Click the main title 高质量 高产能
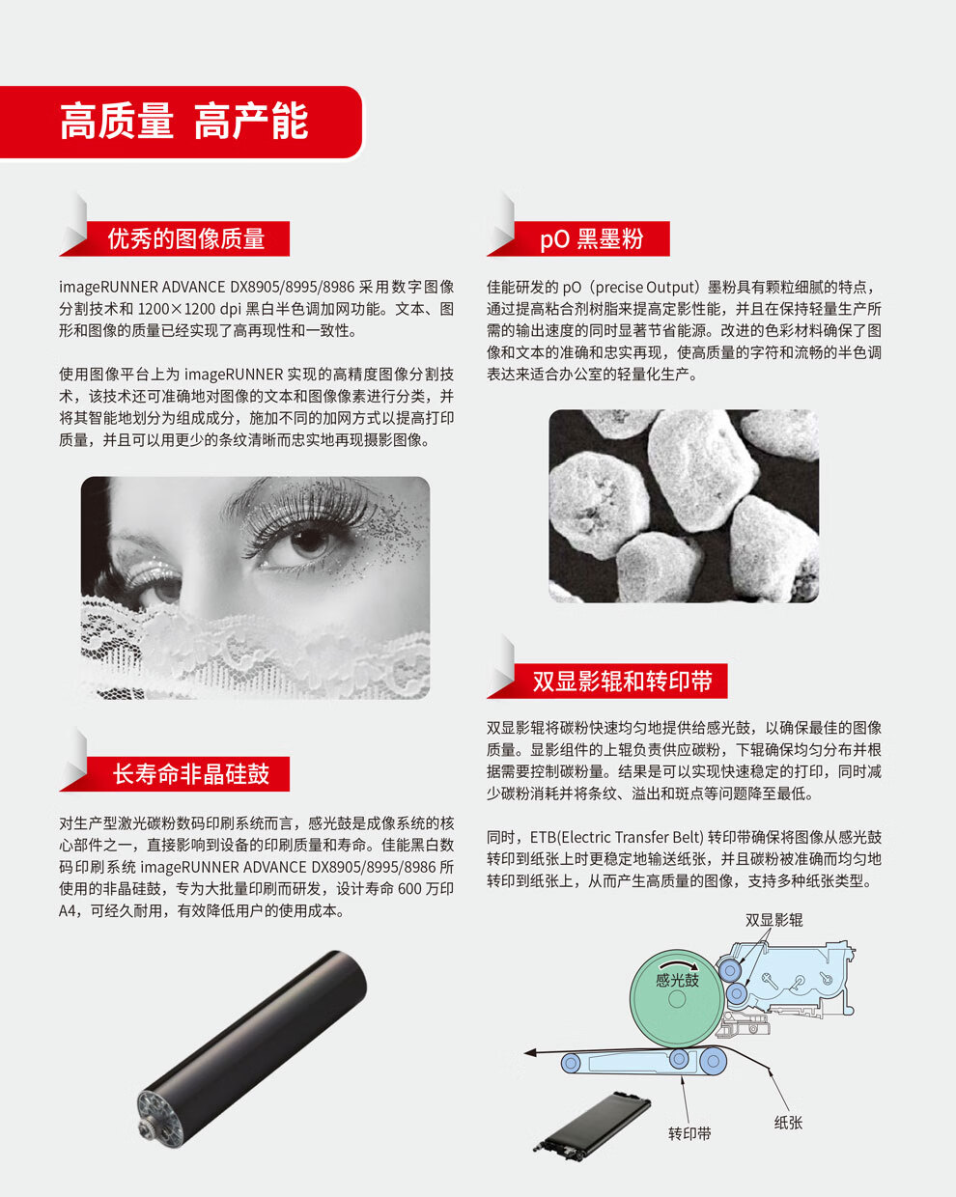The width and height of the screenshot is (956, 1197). click(183, 121)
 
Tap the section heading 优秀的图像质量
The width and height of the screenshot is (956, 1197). click(185, 238)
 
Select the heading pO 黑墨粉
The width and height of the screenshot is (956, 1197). click(592, 238)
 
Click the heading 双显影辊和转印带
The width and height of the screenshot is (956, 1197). click(623, 681)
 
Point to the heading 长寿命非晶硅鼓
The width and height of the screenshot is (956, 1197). click(191, 774)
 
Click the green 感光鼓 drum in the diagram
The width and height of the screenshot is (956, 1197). click(677, 999)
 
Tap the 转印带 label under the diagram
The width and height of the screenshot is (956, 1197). click(689, 1133)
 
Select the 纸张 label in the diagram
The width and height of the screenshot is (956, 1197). click(788, 1122)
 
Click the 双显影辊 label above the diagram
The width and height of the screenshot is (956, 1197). click(774, 920)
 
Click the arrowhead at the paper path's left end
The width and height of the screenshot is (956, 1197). click(530, 1052)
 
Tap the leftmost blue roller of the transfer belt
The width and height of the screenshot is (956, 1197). click(571, 1064)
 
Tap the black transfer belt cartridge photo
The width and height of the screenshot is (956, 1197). click(593, 1122)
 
